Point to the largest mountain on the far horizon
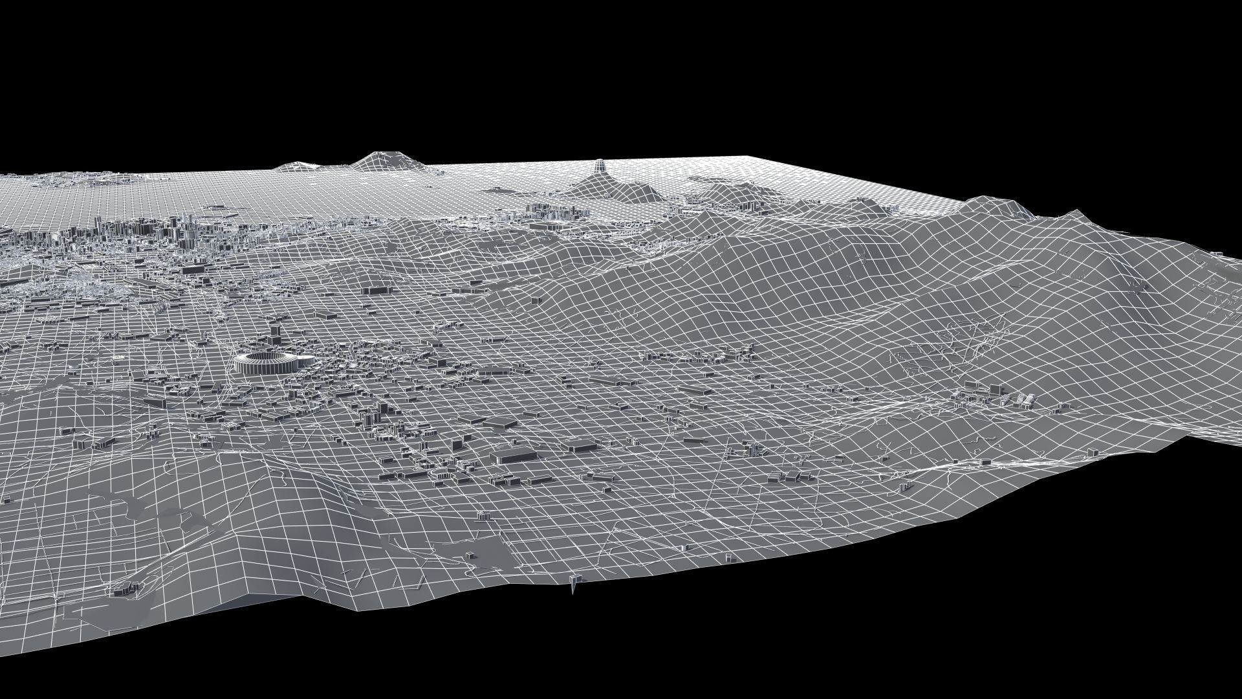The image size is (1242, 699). click(x=382, y=159)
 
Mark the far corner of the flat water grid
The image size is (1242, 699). click(x=750, y=157)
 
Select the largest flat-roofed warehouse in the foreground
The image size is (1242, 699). click(x=513, y=454)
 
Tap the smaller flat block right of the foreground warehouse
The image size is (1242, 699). click(x=581, y=445)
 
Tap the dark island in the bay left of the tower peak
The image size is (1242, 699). click(x=501, y=190)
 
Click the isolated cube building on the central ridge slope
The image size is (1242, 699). click(x=536, y=300)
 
